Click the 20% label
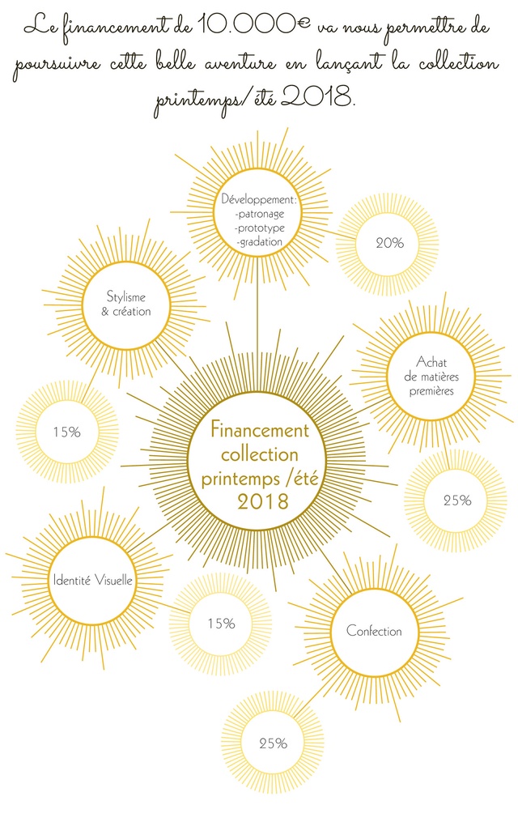click(389, 243)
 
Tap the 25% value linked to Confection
click(273, 743)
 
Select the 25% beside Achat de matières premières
click(457, 500)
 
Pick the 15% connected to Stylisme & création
click(67, 432)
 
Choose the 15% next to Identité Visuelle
click(221, 624)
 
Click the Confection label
click(374, 631)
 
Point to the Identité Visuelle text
click(93, 581)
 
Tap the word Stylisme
click(125, 297)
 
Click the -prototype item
click(261, 228)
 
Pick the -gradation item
click(259, 242)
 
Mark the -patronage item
click(260, 214)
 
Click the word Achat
click(431, 362)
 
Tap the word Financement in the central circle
click(260, 430)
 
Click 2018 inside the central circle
click(263, 501)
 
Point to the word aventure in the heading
click(240, 64)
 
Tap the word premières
click(431, 391)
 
